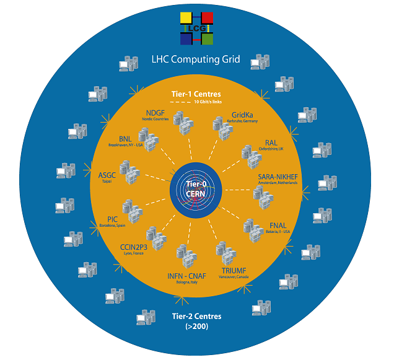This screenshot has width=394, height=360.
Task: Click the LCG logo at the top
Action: (x=197, y=29)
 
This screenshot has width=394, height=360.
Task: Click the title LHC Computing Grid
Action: (x=196, y=61)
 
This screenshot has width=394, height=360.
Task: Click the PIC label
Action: (x=112, y=219)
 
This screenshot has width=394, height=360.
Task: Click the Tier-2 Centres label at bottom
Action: (x=196, y=316)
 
